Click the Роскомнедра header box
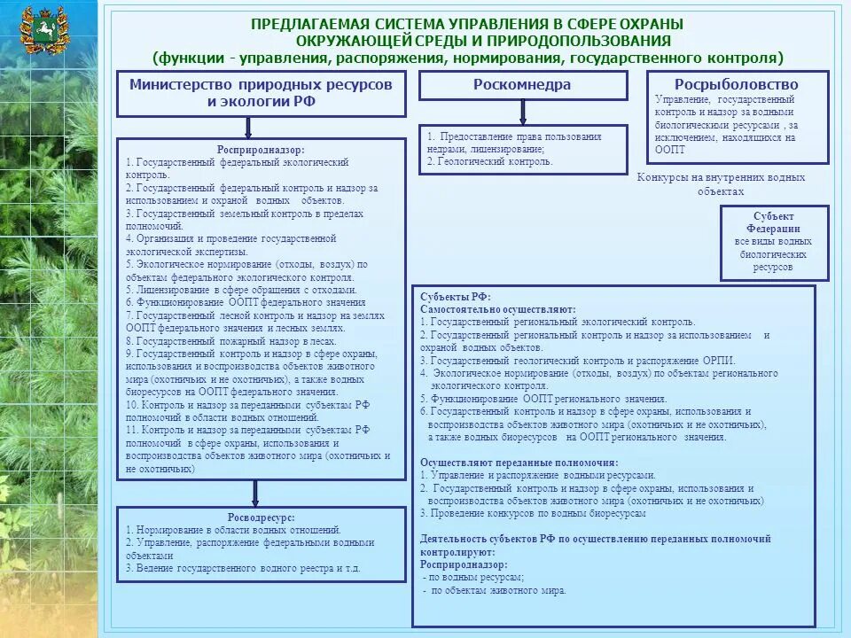click(x=522, y=85)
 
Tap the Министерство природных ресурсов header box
click(x=261, y=93)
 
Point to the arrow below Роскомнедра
click(x=522, y=112)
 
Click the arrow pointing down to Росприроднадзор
click(x=255, y=128)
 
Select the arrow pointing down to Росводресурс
click(x=255, y=493)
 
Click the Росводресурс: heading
click(x=261, y=517)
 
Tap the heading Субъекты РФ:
click(x=456, y=297)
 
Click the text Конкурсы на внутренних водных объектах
click(x=721, y=184)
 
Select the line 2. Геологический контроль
click(x=489, y=162)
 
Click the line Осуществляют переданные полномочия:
click(x=519, y=463)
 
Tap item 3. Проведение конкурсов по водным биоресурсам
click(x=533, y=513)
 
